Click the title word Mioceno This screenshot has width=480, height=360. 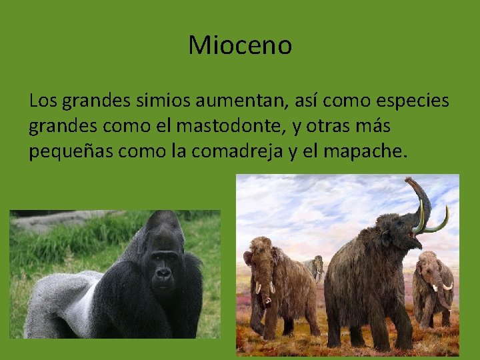click(x=240, y=46)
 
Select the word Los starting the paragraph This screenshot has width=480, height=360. click(x=43, y=102)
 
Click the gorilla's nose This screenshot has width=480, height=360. click(x=162, y=273)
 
